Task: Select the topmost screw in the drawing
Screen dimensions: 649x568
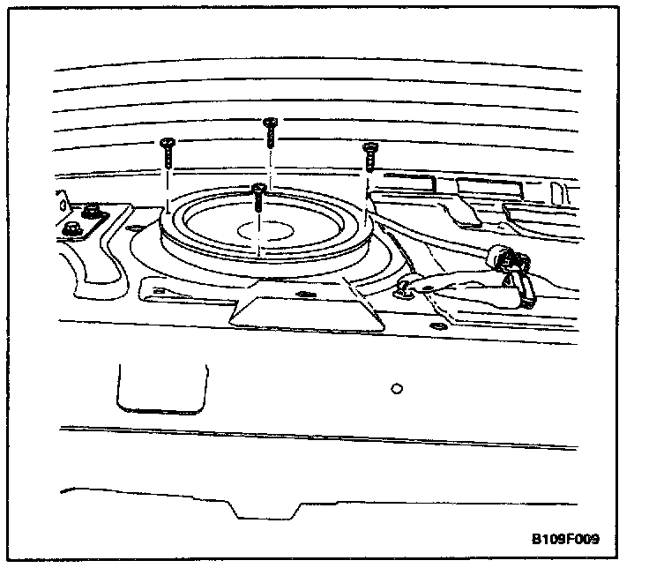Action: coord(271,131)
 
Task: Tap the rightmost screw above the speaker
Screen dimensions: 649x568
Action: coord(370,157)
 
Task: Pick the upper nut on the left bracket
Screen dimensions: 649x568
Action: coord(90,212)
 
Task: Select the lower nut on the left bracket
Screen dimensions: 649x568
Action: coord(72,230)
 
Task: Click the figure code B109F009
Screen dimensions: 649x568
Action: coord(571,538)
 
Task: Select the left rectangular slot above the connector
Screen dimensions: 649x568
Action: coord(410,183)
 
